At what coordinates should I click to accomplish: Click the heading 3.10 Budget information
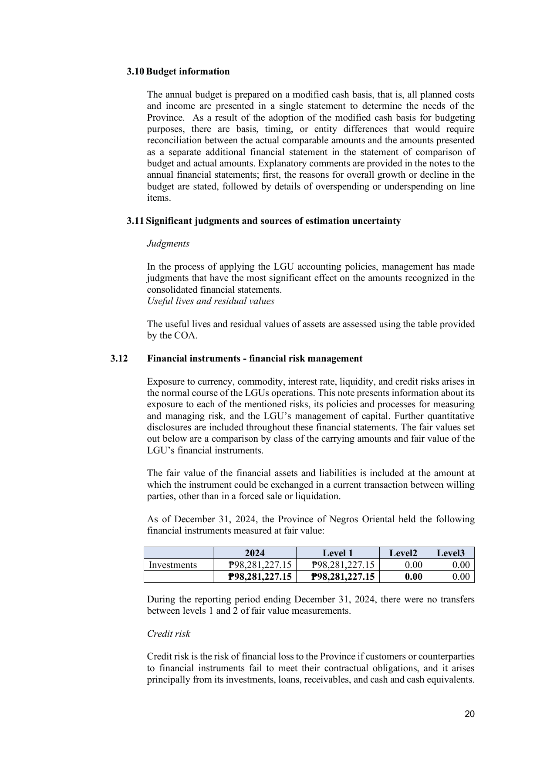(178, 71)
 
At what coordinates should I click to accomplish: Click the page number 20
(469, 714)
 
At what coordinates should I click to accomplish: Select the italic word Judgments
(168, 243)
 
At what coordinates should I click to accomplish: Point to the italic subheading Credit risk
(169, 634)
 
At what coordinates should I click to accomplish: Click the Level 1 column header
(337, 553)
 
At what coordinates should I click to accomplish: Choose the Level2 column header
(403, 553)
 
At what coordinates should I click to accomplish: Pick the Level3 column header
(450, 553)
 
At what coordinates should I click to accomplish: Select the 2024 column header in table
(254, 553)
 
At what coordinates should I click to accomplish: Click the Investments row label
(173, 565)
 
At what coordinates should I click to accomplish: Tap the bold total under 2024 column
(260, 577)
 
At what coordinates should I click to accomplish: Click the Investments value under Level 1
(343, 565)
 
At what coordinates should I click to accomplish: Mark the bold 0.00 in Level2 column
(413, 577)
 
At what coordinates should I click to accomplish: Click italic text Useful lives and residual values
(211, 301)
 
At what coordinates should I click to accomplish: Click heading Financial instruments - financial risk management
(255, 358)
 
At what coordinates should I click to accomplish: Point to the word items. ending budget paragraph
(159, 198)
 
